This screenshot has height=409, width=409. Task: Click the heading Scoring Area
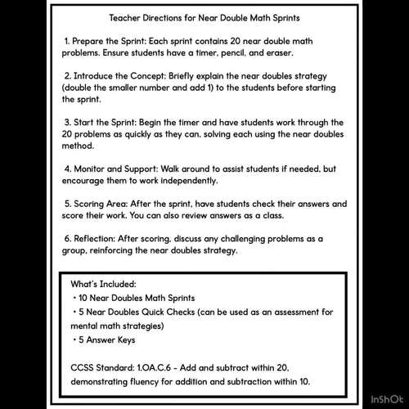(105, 203)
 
